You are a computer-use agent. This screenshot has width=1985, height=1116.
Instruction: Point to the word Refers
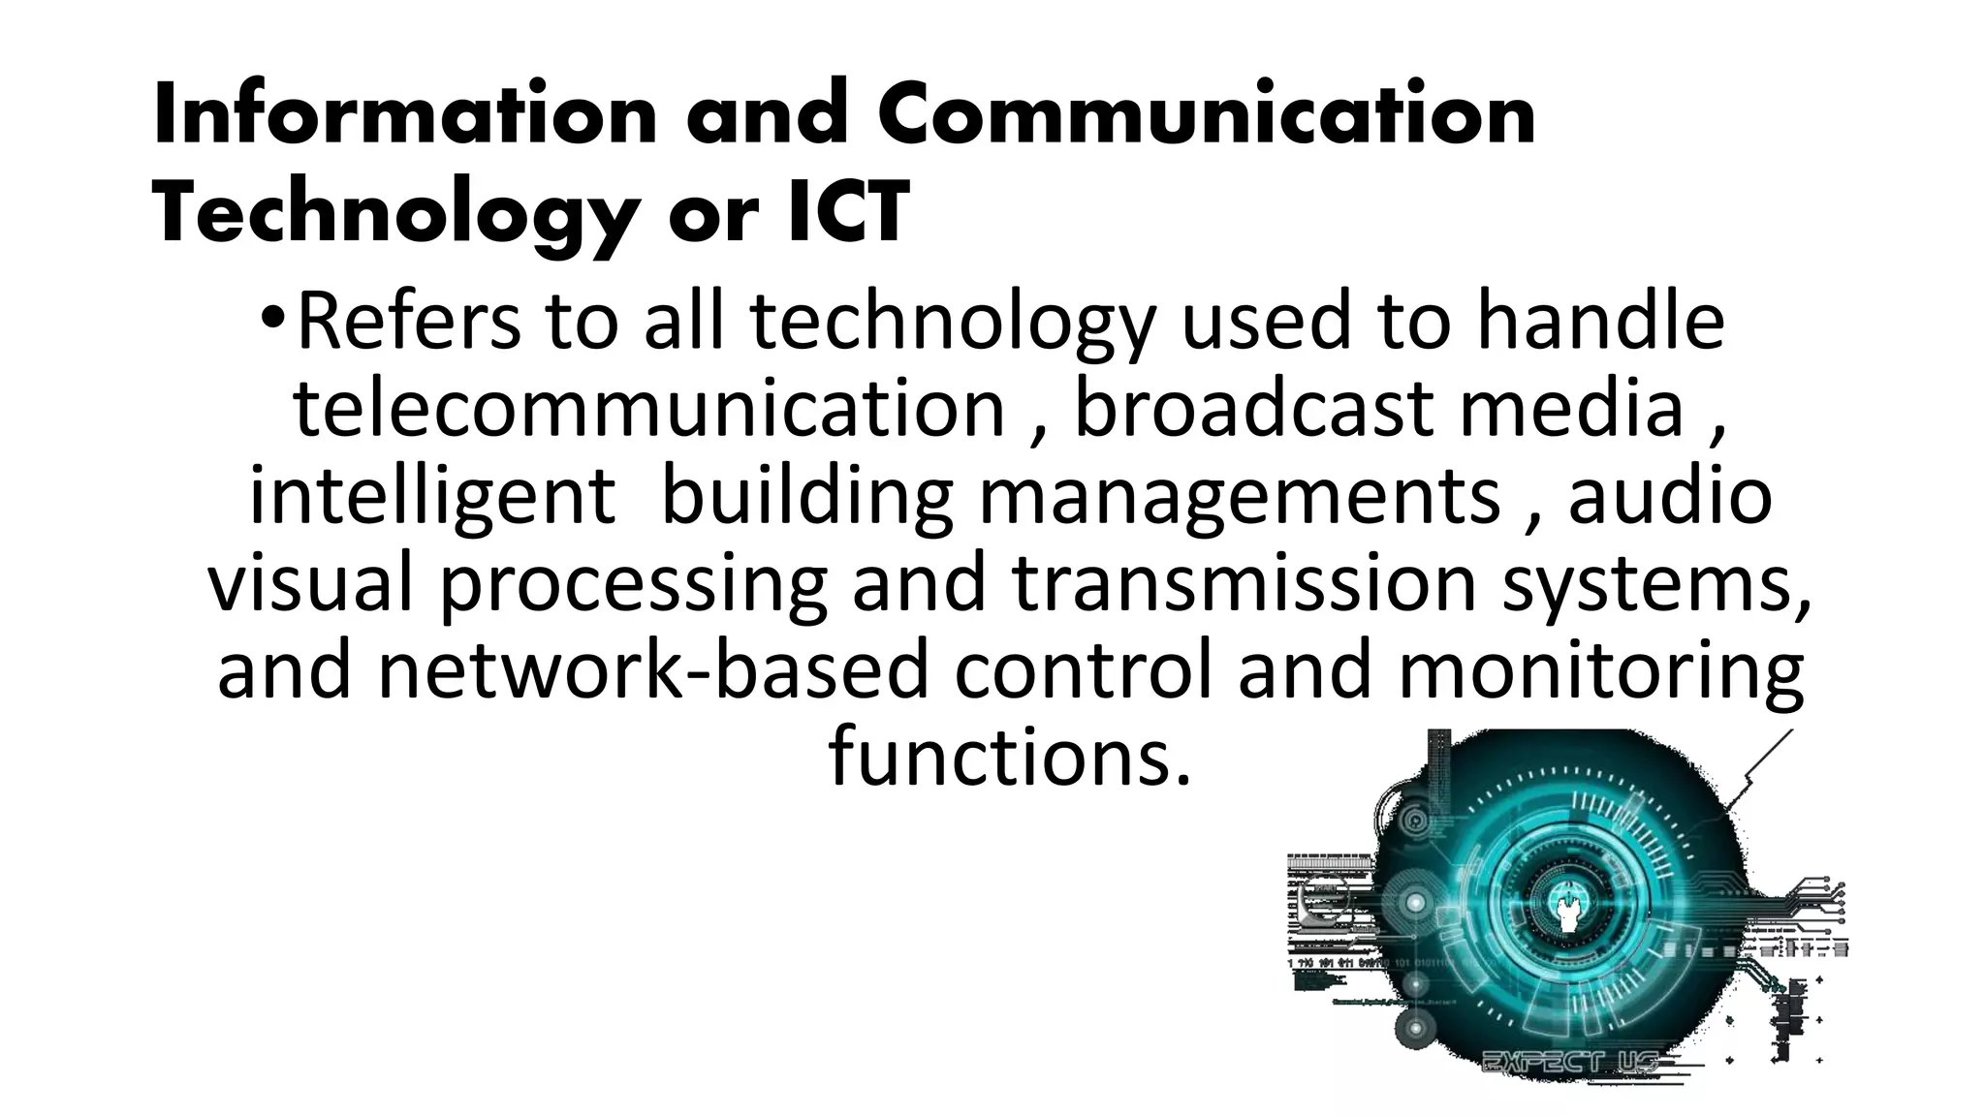click(x=408, y=322)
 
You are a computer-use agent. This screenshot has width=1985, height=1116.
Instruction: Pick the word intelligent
click(x=432, y=496)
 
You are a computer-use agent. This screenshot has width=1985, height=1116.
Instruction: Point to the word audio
click(x=1670, y=496)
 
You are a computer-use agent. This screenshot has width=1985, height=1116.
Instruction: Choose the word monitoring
click(x=1600, y=670)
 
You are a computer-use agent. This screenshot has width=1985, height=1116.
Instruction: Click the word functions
click(x=1009, y=758)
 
